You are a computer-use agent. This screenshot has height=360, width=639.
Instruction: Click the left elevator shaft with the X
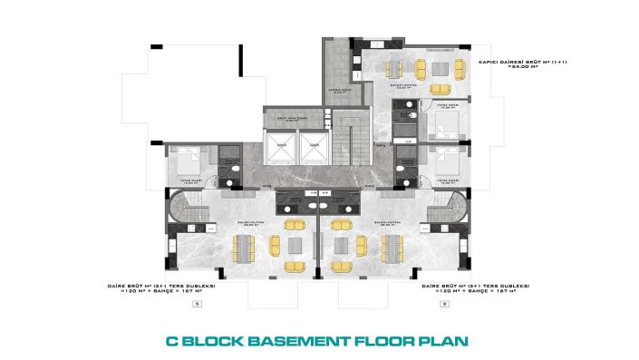click(x=283, y=144)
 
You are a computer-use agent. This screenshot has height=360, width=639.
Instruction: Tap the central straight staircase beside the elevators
click(x=347, y=137)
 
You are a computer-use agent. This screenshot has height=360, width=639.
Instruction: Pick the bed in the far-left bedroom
click(x=188, y=162)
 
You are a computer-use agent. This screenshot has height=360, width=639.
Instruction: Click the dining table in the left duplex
click(x=244, y=247)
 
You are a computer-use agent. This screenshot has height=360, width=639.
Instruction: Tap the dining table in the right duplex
click(x=392, y=247)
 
